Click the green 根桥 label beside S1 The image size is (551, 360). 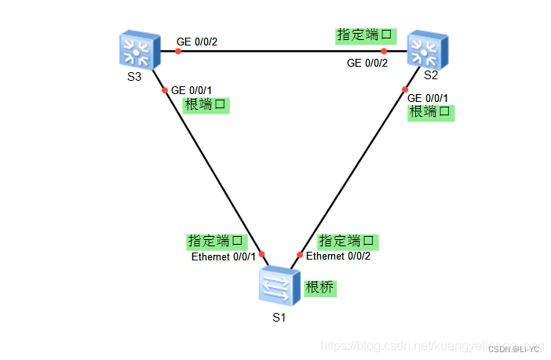(x=319, y=288)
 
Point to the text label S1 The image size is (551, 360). (x=279, y=318)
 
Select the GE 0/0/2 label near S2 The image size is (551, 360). (x=367, y=63)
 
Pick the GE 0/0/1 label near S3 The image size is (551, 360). (x=191, y=90)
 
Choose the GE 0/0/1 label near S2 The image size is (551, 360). (x=428, y=97)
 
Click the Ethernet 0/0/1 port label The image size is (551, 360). (x=224, y=256)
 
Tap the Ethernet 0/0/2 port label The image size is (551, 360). (x=338, y=256)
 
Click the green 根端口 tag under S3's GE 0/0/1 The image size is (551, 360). (x=206, y=105)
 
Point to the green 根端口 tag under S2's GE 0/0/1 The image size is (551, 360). (x=432, y=112)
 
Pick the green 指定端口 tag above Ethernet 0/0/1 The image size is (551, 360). (x=217, y=241)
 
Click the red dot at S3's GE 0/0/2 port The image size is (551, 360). (x=178, y=51)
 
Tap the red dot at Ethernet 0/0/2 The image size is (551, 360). (x=300, y=254)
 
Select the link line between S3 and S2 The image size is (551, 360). (x=283, y=51)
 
